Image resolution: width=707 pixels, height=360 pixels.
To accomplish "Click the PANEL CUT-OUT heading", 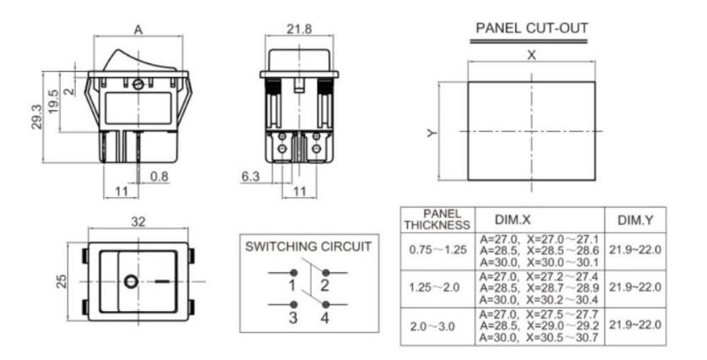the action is point(532,28).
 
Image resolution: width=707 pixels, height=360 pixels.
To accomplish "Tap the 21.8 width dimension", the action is point(299,29).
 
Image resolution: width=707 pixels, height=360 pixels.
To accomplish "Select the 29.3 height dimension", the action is point(36,117).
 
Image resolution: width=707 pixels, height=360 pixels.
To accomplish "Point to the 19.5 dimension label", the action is point(53,101).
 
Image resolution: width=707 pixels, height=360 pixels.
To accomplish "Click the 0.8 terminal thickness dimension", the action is point(159,177).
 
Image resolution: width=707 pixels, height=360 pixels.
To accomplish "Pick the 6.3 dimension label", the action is point(251,177).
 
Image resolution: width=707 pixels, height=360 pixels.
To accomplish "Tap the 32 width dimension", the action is point(139,222).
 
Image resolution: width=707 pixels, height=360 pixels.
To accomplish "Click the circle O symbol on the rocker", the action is point(131,282).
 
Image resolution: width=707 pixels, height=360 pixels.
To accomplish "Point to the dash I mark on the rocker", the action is point(162,282).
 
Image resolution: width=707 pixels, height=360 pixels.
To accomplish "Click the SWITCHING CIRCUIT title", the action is point(308,247).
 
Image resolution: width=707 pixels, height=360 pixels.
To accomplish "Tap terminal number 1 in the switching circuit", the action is point(292,286).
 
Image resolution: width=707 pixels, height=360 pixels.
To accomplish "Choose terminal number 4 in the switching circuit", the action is point(325,318).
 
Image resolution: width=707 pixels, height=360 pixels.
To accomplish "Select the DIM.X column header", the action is point(513,220).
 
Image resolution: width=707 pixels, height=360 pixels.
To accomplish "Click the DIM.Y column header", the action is point(635,221).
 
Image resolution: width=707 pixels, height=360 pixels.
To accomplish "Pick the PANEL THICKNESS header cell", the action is point(437,220).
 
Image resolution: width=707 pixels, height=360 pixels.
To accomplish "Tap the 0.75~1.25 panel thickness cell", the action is point(438,249).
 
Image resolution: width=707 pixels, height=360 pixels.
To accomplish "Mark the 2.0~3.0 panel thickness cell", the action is point(432,326).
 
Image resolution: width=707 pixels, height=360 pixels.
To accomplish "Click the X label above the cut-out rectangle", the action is point(531,56).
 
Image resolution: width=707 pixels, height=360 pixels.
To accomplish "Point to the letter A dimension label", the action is point(139,30).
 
